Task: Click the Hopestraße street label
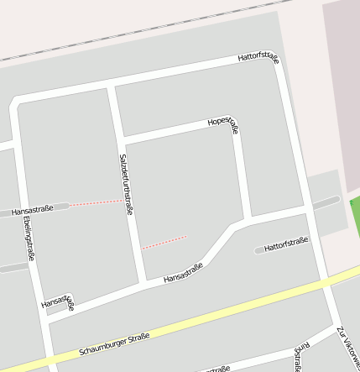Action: coord(223,124)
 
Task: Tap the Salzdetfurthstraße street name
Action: coord(126,184)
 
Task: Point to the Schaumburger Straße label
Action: coord(114,343)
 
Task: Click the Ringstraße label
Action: coord(298,356)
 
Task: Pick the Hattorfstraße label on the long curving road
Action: coord(258,58)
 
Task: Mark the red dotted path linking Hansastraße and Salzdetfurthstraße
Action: coord(95,202)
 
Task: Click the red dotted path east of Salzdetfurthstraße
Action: coord(164,243)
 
